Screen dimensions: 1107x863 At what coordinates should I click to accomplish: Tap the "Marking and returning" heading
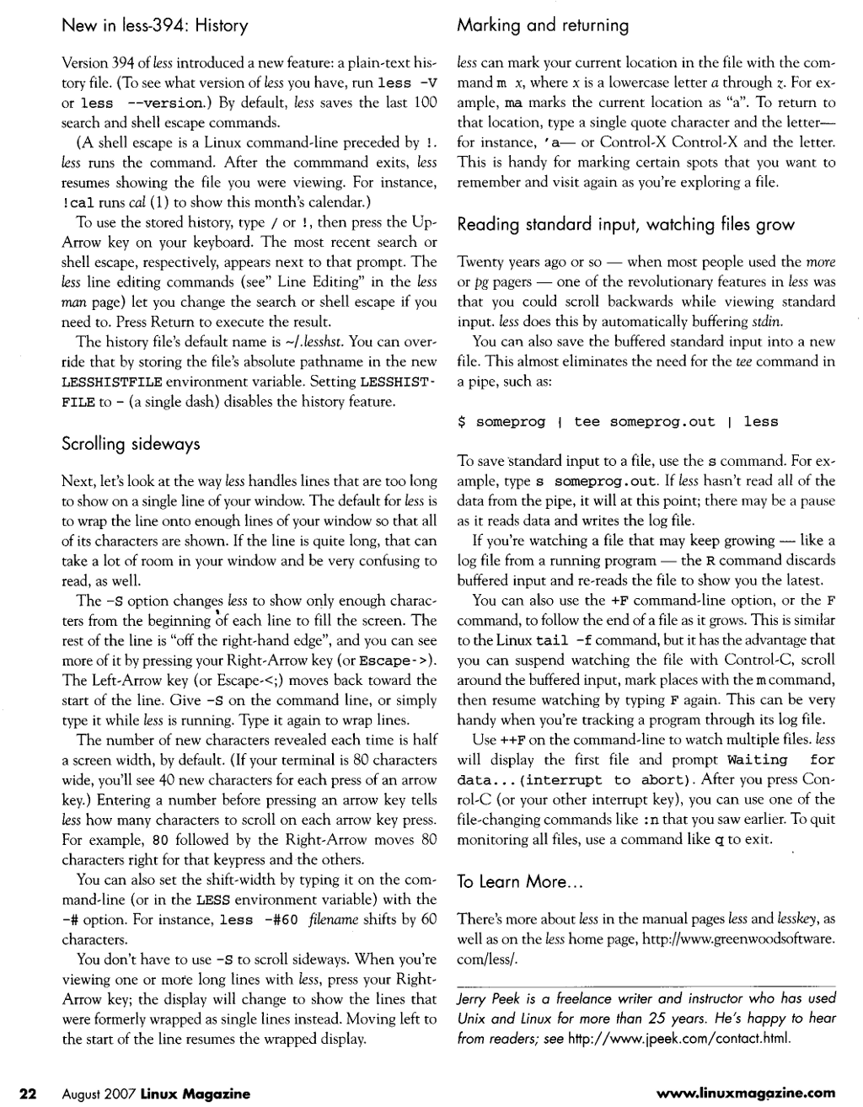coord(543,26)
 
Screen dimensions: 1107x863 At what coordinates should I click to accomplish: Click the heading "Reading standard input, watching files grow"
coord(625,225)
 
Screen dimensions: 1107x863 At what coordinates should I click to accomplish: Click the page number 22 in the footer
coord(29,1094)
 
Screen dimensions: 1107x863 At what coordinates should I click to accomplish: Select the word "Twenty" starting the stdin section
coord(478,262)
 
